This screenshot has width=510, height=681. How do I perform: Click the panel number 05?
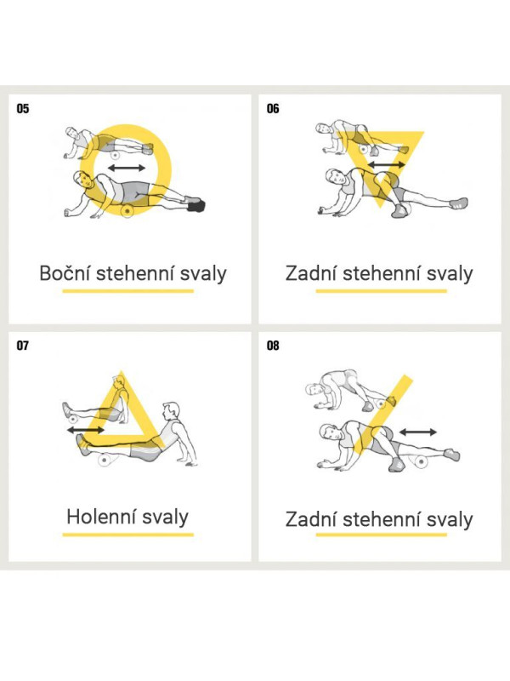point(23,109)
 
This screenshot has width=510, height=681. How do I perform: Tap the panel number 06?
point(273,109)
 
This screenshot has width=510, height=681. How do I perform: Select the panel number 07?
point(23,346)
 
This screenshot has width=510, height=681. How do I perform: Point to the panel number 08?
point(273,346)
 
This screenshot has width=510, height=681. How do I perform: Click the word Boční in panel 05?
point(65,273)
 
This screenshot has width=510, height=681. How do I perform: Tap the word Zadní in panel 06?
point(311,273)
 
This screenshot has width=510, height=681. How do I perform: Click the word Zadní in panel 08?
point(311,519)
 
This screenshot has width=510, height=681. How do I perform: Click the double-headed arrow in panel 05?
point(127,168)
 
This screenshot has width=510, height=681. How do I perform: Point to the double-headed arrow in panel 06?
point(387,165)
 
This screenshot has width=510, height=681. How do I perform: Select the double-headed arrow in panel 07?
point(86,430)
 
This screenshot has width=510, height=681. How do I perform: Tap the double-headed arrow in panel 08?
point(417,432)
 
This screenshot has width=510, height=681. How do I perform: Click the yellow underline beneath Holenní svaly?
point(128,535)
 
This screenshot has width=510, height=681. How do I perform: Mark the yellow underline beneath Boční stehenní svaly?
point(128,291)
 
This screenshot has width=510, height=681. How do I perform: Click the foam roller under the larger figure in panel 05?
point(127,211)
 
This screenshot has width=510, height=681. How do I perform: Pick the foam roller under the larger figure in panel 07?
point(105,460)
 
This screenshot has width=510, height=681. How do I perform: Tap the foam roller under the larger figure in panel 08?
point(421,461)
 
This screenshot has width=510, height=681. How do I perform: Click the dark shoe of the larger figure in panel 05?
point(196,206)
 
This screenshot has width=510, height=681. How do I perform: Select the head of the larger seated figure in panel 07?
point(171,411)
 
